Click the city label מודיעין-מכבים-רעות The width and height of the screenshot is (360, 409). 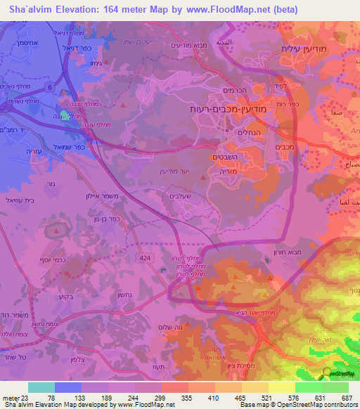227,110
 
